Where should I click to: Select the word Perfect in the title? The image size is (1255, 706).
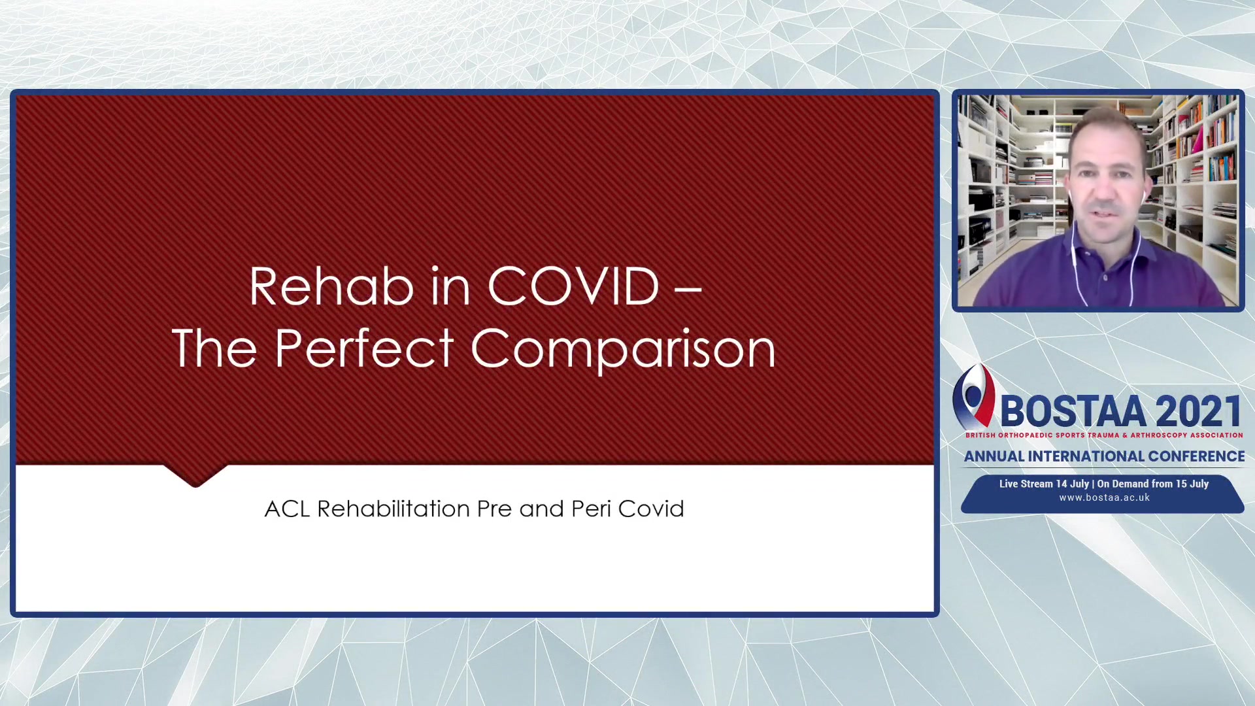[x=364, y=348]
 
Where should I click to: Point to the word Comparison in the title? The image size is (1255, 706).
[x=623, y=351]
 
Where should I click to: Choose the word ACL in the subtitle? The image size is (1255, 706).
[x=287, y=509]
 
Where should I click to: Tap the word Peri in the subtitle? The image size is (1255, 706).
[x=591, y=509]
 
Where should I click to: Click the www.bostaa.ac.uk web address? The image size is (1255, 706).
[x=1104, y=497]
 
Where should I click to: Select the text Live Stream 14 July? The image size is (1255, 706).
[x=1044, y=484]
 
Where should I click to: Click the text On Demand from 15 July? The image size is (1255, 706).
[x=1153, y=484]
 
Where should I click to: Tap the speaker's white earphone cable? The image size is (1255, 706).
[x=1075, y=261]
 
